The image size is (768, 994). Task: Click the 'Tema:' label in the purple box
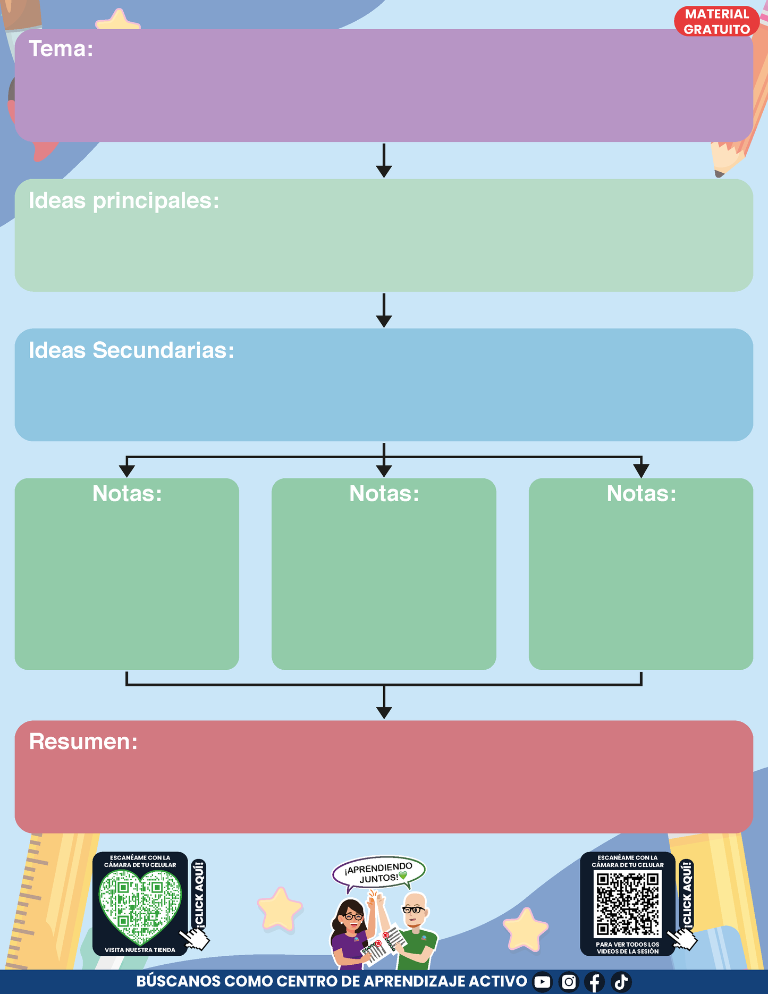pyautogui.click(x=61, y=49)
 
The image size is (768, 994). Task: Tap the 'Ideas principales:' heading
pyautogui.click(x=124, y=201)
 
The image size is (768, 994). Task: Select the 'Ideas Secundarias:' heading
pyautogui.click(x=131, y=350)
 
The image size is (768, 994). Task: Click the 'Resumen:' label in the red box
pyautogui.click(x=83, y=742)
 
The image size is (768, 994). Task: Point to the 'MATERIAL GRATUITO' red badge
pyautogui.click(x=716, y=22)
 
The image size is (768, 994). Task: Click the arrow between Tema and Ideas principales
pyautogui.click(x=384, y=161)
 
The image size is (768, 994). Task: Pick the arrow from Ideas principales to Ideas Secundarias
pyautogui.click(x=384, y=310)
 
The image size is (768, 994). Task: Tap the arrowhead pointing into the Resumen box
pyautogui.click(x=384, y=712)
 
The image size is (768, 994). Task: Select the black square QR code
pyautogui.click(x=628, y=904)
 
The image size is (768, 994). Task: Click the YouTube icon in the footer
pyautogui.click(x=542, y=982)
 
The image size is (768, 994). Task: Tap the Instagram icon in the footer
pyautogui.click(x=569, y=982)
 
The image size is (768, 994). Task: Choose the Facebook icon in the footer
pyautogui.click(x=595, y=982)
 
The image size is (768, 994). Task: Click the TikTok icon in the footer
pyautogui.click(x=621, y=982)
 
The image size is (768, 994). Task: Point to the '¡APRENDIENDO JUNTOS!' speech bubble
pyautogui.click(x=378, y=872)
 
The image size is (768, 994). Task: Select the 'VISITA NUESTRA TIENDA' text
pyautogui.click(x=140, y=950)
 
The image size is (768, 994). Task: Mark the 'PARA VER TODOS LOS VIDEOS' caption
pyautogui.click(x=628, y=948)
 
